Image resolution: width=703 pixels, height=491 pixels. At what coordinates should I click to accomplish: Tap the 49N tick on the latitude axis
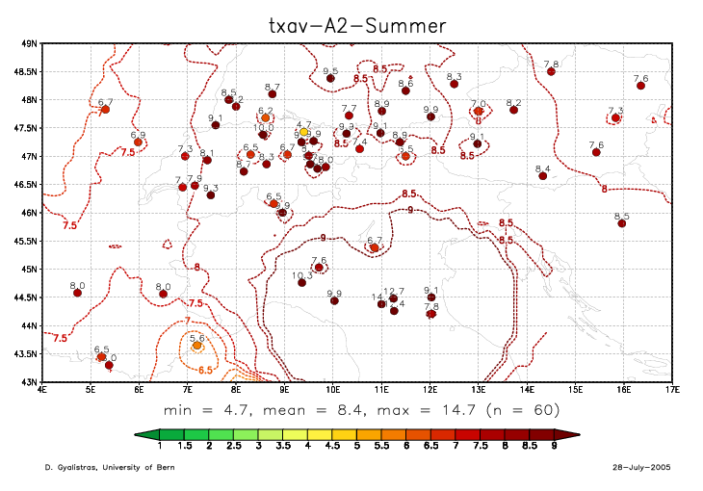(x=29, y=43)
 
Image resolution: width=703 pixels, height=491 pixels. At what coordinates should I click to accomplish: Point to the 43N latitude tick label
(x=29, y=382)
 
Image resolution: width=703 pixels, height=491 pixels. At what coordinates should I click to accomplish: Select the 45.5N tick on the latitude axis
(x=25, y=241)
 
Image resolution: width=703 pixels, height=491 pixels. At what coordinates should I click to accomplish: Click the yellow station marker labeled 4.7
(x=303, y=132)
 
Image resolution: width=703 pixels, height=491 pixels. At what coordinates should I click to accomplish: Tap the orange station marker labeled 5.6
(x=197, y=345)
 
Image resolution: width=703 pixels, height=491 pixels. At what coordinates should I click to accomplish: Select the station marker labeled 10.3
(x=301, y=282)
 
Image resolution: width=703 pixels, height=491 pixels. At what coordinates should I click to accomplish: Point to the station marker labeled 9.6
(x=330, y=78)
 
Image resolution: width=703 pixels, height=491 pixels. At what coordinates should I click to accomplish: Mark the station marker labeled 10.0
(x=263, y=135)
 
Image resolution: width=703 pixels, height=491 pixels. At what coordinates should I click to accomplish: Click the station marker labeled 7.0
(x=478, y=111)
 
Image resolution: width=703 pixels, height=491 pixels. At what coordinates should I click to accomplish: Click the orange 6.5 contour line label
(x=205, y=369)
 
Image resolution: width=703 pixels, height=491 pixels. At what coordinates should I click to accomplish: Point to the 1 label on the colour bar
(x=159, y=448)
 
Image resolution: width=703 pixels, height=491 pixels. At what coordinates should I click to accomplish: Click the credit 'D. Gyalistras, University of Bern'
(x=103, y=467)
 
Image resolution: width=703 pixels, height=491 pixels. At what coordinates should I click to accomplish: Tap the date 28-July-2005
(x=638, y=467)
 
